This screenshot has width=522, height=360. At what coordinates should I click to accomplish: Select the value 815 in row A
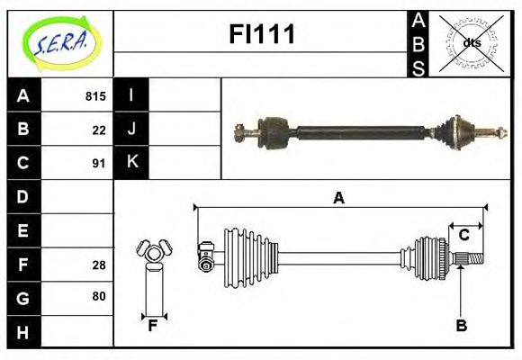pyautogui.click(x=94, y=96)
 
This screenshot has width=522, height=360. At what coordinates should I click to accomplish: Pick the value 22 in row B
pyautogui.click(x=98, y=130)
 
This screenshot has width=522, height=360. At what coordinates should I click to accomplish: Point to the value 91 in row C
pyautogui.click(x=98, y=164)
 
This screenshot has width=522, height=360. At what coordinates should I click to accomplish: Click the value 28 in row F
pyautogui.click(x=98, y=264)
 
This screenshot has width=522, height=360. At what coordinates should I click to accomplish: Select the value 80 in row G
pyautogui.click(x=98, y=296)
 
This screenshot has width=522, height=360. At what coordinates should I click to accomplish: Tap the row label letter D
pyautogui.click(x=22, y=196)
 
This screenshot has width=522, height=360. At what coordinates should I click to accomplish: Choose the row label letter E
pyautogui.click(x=22, y=230)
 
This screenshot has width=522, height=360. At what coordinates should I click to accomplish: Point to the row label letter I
pyautogui.click(x=131, y=95)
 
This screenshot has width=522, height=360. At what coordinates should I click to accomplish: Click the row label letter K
pyautogui.click(x=131, y=163)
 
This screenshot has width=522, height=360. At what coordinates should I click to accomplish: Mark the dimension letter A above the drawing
pyautogui.click(x=338, y=198)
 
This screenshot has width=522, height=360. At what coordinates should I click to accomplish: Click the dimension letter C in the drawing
pyautogui.click(x=464, y=235)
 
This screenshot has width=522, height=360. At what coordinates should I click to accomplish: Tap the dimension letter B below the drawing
pyautogui.click(x=461, y=326)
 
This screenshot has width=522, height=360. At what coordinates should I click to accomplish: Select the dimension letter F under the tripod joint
pyautogui.click(x=153, y=326)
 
